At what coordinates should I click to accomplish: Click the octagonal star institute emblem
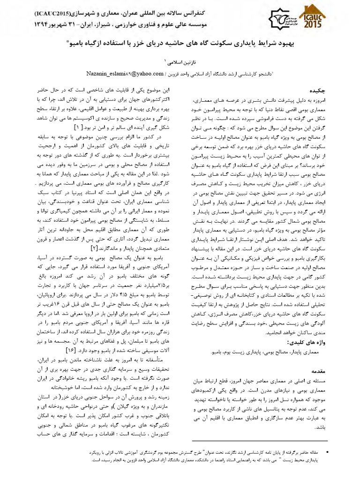coord(280,19)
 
